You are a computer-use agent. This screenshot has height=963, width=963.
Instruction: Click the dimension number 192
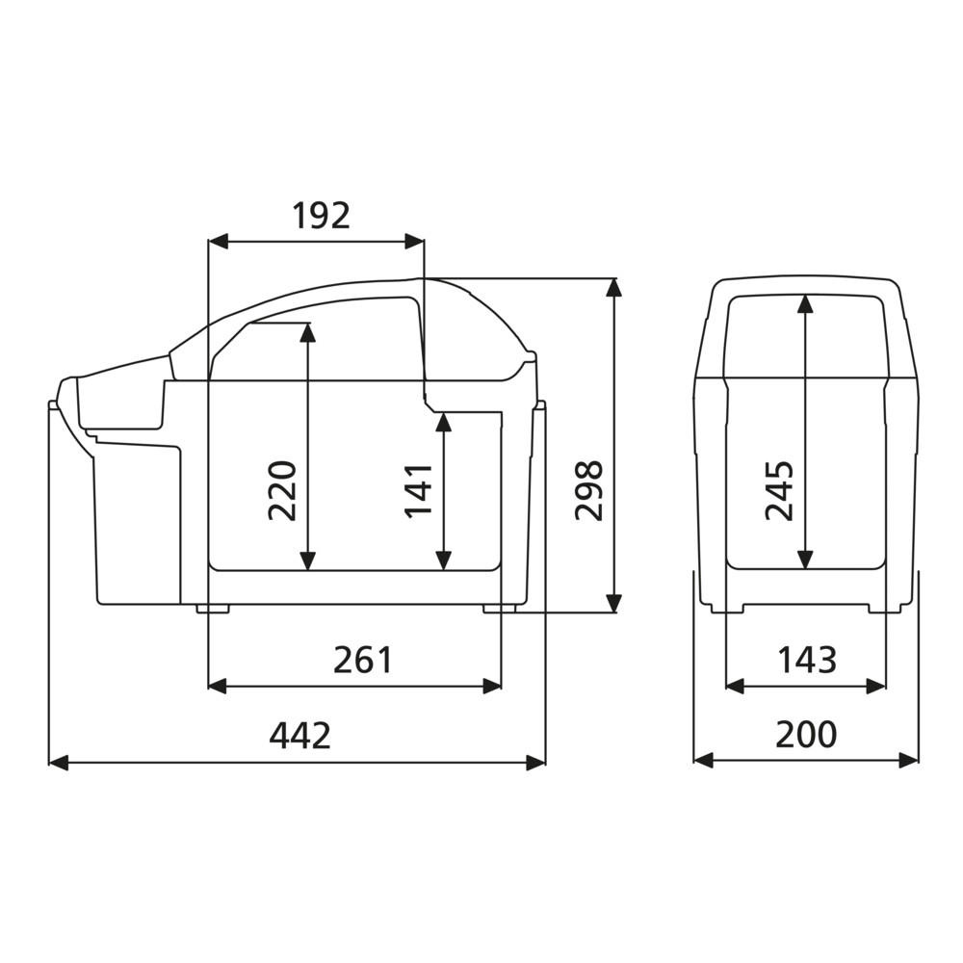coord(321,216)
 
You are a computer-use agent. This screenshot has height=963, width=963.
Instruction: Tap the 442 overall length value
coord(300,735)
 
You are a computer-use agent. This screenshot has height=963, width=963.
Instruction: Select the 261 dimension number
coord(362,661)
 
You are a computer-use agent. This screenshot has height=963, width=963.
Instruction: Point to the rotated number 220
coord(282,490)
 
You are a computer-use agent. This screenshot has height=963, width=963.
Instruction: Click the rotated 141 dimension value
coord(419,491)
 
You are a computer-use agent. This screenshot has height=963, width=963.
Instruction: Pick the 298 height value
coord(589,490)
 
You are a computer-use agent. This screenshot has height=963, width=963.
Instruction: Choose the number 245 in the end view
coord(779,490)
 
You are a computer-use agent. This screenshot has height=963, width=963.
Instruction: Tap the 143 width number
coord(807,661)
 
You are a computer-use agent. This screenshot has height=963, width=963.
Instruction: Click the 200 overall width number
coord(806,735)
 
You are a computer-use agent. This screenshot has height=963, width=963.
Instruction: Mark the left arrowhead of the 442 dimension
coord(58,763)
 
